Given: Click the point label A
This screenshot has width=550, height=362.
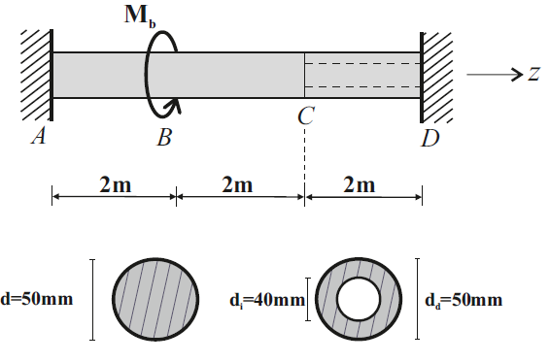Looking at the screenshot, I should [x=40, y=138].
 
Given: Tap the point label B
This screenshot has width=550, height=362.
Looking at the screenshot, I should [x=164, y=138].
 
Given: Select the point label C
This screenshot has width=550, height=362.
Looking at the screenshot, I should [x=305, y=116].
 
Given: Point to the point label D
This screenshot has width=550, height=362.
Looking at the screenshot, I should [x=430, y=139].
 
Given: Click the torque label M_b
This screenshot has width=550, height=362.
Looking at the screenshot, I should [x=155, y=17].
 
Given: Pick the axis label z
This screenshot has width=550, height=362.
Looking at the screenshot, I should [x=533, y=75].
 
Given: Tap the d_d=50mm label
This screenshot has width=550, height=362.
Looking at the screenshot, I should [x=465, y=300].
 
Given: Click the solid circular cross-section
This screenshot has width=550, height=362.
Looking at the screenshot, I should [x=155, y=299].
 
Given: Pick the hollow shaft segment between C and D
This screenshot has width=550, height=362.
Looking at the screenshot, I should [x=363, y=75].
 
